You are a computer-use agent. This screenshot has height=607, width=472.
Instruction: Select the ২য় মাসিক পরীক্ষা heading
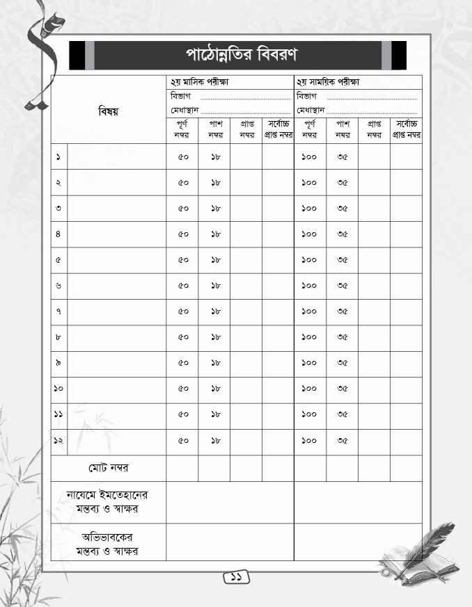(x=200, y=82)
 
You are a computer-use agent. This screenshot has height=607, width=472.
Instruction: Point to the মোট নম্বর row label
(x=108, y=468)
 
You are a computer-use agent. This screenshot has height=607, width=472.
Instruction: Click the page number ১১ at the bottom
(x=236, y=577)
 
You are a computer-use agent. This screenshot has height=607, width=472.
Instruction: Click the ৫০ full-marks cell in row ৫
(x=182, y=260)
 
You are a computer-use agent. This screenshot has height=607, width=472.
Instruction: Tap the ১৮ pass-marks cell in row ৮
(x=214, y=337)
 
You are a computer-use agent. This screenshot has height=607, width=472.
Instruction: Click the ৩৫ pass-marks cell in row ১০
(x=342, y=389)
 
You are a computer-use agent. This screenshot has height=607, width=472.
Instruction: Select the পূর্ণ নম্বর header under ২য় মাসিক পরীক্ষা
(x=182, y=129)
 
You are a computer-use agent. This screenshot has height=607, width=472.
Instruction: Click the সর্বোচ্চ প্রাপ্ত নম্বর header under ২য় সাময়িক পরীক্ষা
(x=406, y=129)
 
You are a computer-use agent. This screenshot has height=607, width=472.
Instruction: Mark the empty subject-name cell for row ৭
(x=116, y=311)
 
